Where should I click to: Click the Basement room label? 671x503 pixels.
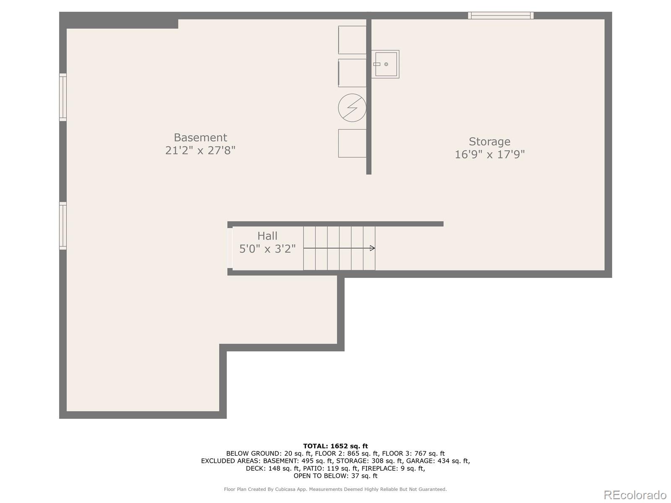point(200,137)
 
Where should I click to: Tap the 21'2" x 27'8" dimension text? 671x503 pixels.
point(200,150)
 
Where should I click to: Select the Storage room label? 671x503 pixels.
point(489,142)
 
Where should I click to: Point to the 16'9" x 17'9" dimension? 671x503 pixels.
point(489,155)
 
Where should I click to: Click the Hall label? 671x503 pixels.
point(267,236)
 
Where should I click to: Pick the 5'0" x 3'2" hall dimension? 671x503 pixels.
point(267,249)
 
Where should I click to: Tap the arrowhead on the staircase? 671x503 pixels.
point(372,248)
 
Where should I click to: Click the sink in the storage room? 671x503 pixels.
point(385,64)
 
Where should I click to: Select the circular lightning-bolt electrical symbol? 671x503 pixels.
point(352,108)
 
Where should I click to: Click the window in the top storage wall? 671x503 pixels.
point(501,15)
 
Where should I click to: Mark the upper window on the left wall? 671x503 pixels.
point(62,97)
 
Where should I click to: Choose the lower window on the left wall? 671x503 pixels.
point(62,226)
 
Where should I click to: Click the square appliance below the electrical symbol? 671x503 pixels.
point(352,143)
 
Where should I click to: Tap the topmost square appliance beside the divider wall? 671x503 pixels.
point(352,40)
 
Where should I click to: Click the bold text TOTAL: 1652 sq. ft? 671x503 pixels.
point(335,446)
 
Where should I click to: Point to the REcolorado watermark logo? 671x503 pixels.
point(635,495)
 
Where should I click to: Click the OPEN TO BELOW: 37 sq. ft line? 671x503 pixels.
point(335,475)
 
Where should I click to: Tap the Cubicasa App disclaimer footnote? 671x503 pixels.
point(335,489)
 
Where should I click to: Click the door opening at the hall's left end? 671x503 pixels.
point(230,248)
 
